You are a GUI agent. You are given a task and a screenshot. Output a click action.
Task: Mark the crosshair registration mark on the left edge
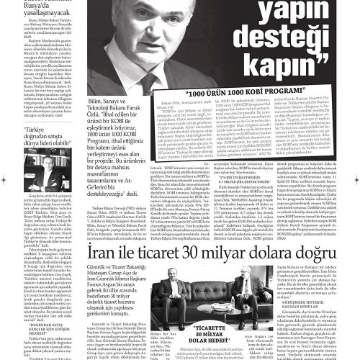pos(4,180)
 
